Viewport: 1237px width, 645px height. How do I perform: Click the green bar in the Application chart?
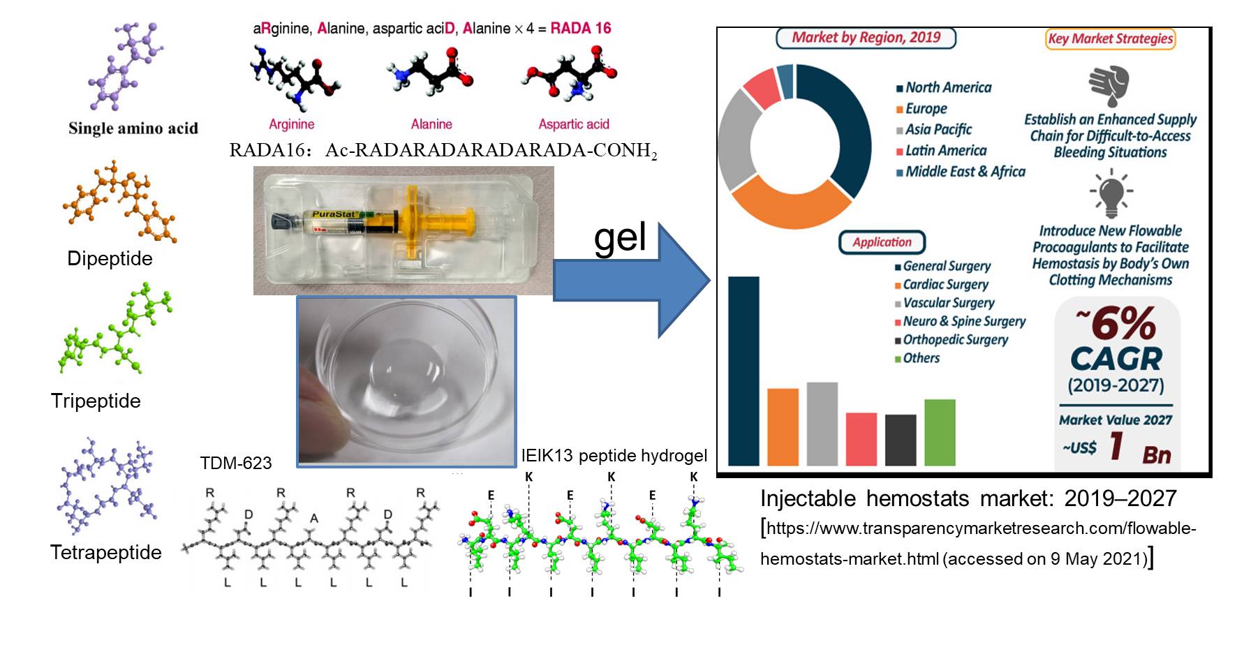[x=940, y=432]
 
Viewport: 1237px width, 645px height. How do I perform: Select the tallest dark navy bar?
[x=743, y=371]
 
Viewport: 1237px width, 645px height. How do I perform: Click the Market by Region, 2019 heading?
[x=866, y=38]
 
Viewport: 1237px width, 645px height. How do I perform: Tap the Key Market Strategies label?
[x=1110, y=39]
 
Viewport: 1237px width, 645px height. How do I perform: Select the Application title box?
[x=882, y=242]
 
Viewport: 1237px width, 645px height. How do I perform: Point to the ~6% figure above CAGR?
[x=1116, y=323]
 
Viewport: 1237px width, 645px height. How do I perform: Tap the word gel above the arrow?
[x=620, y=238]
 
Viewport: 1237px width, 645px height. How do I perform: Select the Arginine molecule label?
[x=292, y=124]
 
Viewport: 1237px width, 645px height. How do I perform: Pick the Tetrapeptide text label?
[x=106, y=552]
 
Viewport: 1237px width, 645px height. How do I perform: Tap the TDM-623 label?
[x=236, y=463]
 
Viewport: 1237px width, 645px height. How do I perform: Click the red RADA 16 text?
[x=580, y=29]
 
